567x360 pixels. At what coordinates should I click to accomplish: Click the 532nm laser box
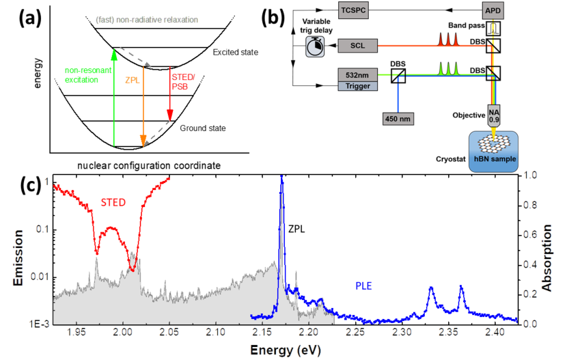click(x=357, y=73)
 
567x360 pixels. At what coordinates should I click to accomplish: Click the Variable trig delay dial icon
click(x=314, y=46)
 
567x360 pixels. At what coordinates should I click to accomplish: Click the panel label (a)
click(x=25, y=18)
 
